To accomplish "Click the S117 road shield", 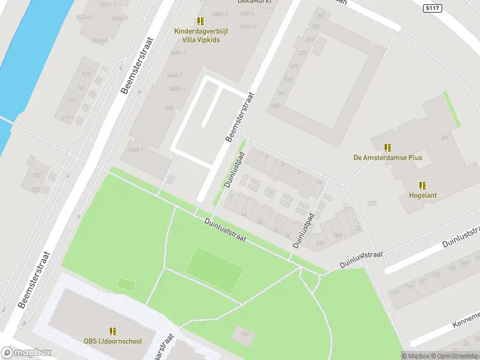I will (431, 8).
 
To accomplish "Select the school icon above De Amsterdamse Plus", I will (388, 147).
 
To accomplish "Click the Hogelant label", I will (422, 196).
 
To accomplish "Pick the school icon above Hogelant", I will (422, 185).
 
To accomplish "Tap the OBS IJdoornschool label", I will (113, 341).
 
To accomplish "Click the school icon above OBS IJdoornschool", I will (113, 331).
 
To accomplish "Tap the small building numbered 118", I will (244, 335).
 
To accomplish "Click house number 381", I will (445, 138).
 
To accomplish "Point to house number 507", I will (37, 175).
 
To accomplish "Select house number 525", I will (86, 74).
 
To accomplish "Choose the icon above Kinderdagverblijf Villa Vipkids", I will (200, 20).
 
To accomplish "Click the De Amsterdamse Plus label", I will (388, 158).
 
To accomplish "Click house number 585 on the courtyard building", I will (275, 106).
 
